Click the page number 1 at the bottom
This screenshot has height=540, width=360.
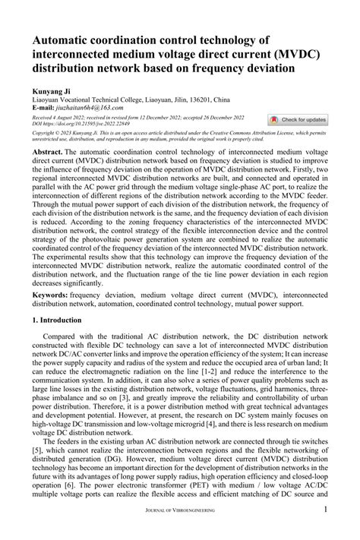click(325, 530)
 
